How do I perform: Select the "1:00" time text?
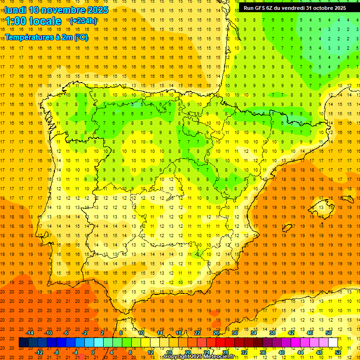[15, 21]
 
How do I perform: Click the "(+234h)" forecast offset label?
[83, 21]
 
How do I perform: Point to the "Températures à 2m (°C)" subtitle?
[46, 37]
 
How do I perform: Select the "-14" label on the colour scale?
[30, 333]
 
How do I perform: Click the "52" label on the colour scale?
[338, 352]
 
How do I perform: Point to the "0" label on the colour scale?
[93, 352]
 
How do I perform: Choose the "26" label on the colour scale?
[216, 333]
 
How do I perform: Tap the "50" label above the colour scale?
[329, 333]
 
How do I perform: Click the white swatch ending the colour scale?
[333, 343]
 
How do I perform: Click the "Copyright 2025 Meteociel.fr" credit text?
[199, 357]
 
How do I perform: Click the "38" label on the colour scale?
[272, 333]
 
